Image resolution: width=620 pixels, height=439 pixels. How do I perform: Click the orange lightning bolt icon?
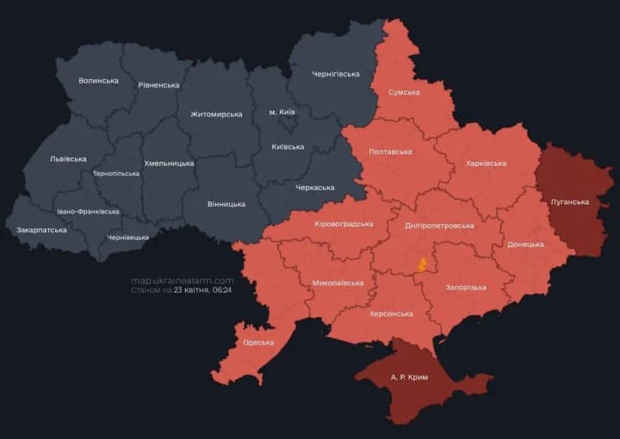(x=421, y=264)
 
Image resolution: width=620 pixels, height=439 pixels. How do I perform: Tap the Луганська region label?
(x=569, y=202)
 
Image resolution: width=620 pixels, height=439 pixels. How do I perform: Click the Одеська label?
(x=258, y=342)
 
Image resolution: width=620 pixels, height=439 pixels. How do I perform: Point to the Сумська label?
(x=404, y=92)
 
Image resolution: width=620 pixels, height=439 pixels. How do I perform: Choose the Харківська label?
(x=486, y=163)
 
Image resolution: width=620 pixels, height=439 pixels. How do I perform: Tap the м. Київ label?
(x=282, y=113)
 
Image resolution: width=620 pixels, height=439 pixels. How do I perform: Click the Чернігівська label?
(x=335, y=74)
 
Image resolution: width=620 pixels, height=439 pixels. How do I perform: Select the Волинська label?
(x=98, y=81)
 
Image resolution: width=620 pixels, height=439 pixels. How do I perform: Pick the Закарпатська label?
(x=41, y=230)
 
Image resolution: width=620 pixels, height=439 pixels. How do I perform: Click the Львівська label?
(x=68, y=158)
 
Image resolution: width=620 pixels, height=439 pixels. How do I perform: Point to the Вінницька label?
(x=226, y=204)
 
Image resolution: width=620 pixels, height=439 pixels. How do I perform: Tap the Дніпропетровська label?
(x=439, y=226)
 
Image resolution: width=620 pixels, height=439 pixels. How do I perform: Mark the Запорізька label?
(x=465, y=287)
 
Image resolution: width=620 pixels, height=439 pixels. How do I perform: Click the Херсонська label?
(x=391, y=314)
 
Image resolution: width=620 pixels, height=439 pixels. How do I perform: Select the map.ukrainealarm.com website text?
(x=182, y=281)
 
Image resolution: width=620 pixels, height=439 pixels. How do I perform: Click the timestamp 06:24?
(x=223, y=291)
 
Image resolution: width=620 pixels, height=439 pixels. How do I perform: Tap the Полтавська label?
(x=390, y=151)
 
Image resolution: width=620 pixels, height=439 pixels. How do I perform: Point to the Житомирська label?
(x=216, y=114)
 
